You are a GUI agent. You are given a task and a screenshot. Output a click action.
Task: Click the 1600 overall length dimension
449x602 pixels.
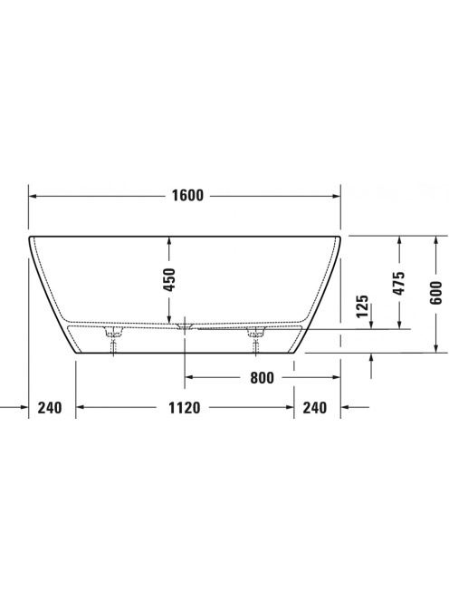click(187, 196)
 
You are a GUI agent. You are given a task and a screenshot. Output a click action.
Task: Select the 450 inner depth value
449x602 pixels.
click(169, 279)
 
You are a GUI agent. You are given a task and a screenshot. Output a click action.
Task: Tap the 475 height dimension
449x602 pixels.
click(399, 284)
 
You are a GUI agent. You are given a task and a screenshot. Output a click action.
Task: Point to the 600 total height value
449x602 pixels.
click(435, 293)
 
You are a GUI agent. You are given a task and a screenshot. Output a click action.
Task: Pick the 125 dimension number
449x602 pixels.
click(362, 306)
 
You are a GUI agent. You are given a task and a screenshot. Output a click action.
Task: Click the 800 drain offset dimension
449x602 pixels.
click(263, 378)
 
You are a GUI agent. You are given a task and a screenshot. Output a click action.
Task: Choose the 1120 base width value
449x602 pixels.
click(185, 407)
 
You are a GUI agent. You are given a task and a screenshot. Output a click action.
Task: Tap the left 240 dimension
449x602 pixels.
click(50, 407)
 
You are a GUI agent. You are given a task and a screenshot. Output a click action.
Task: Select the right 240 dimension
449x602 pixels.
click(315, 407)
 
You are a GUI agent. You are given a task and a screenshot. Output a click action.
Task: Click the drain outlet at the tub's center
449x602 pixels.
click(185, 326)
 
